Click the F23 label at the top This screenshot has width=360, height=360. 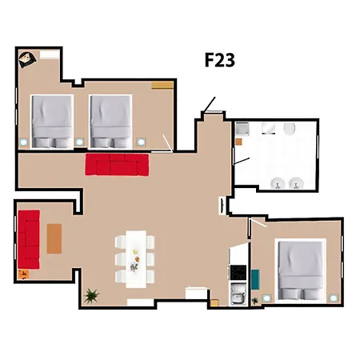[x=218, y=60]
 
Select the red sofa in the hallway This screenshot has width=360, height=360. [x=117, y=164]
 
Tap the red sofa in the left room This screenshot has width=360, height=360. [x=30, y=239]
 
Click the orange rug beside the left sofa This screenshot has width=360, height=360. [x=54, y=238]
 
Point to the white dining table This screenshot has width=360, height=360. [x=134, y=258]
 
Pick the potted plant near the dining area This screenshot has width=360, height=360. [x=91, y=295]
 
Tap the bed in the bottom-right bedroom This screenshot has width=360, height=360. [x=300, y=270]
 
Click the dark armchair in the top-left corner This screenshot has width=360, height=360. [x=27, y=58]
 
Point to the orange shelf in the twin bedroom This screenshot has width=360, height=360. [x=162, y=84]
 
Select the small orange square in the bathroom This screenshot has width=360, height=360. [x=238, y=142]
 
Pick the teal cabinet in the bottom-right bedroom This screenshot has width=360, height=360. [x=255, y=278]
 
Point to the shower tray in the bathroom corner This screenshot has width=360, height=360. [x=242, y=128]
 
